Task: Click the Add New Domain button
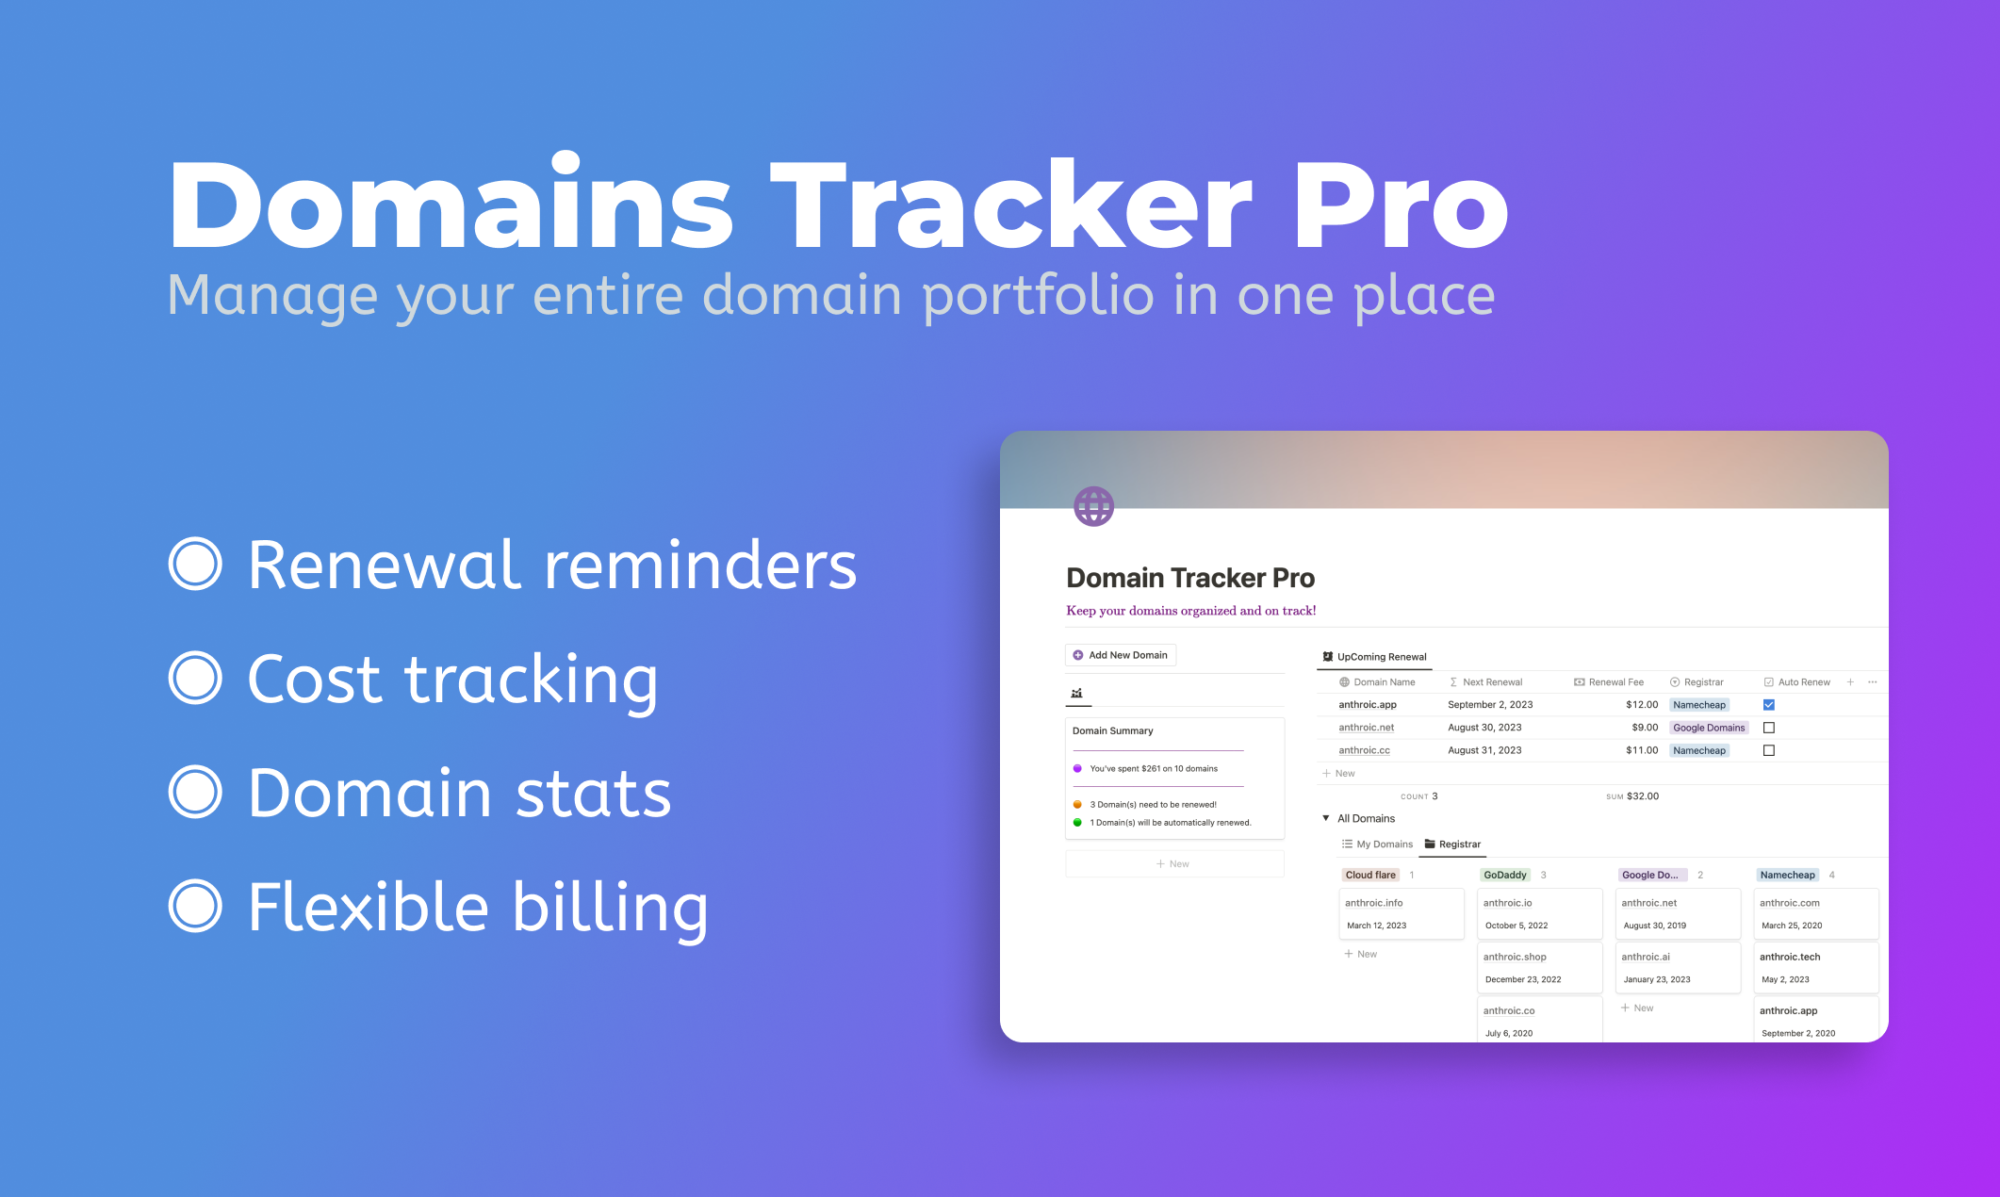coord(1120,655)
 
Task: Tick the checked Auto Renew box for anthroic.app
coord(1768,705)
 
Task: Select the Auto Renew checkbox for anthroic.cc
coord(1768,750)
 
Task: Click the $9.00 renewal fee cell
coord(1644,728)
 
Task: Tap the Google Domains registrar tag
coord(1708,728)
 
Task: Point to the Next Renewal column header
coord(1491,682)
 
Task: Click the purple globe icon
coord(1093,506)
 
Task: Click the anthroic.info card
coord(1401,913)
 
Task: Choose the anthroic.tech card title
coord(1789,957)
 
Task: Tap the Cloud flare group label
coord(1369,875)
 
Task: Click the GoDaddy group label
coord(1504,875)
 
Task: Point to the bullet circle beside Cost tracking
coord(195,678)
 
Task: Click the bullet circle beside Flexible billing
coord(195,906)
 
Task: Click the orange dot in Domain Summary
coord(1077,805)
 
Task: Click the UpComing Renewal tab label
coord(1381,657)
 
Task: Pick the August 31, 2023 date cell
coord(1484,750)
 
